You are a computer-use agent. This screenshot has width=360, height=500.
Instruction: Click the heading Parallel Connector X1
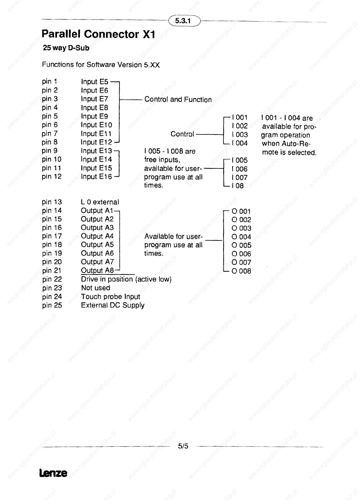point(98,34)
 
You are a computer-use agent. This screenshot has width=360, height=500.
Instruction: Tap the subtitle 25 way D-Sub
point(66,48)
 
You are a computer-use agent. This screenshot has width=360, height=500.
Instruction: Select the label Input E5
point(94,82)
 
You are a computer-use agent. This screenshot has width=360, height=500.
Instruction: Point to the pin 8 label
point(50,142)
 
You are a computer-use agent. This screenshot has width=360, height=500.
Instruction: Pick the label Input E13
point(96,151)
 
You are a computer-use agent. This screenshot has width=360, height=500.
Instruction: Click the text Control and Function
point(178,100)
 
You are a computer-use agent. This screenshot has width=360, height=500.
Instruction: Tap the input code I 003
point(240,134)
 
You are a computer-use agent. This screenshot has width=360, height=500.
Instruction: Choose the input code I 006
point(240,169)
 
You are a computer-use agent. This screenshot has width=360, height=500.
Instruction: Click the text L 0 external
point(100,202)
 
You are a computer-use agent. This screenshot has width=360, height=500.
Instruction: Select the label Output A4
point(97,236)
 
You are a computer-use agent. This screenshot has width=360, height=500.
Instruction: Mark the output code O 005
point(241,245)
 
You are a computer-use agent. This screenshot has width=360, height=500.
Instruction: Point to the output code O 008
point(241,271)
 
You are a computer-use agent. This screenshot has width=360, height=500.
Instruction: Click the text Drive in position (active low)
point(126,279)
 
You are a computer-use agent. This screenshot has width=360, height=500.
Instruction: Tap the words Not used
point(96,288)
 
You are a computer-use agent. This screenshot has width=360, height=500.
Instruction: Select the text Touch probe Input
point(110,297)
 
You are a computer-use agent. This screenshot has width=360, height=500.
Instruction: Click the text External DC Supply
point(112,305)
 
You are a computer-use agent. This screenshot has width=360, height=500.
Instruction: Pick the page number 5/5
point(183,446)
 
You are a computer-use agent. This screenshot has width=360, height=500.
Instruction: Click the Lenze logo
point(53,473)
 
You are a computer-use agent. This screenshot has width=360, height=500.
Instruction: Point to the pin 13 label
point(52,202)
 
